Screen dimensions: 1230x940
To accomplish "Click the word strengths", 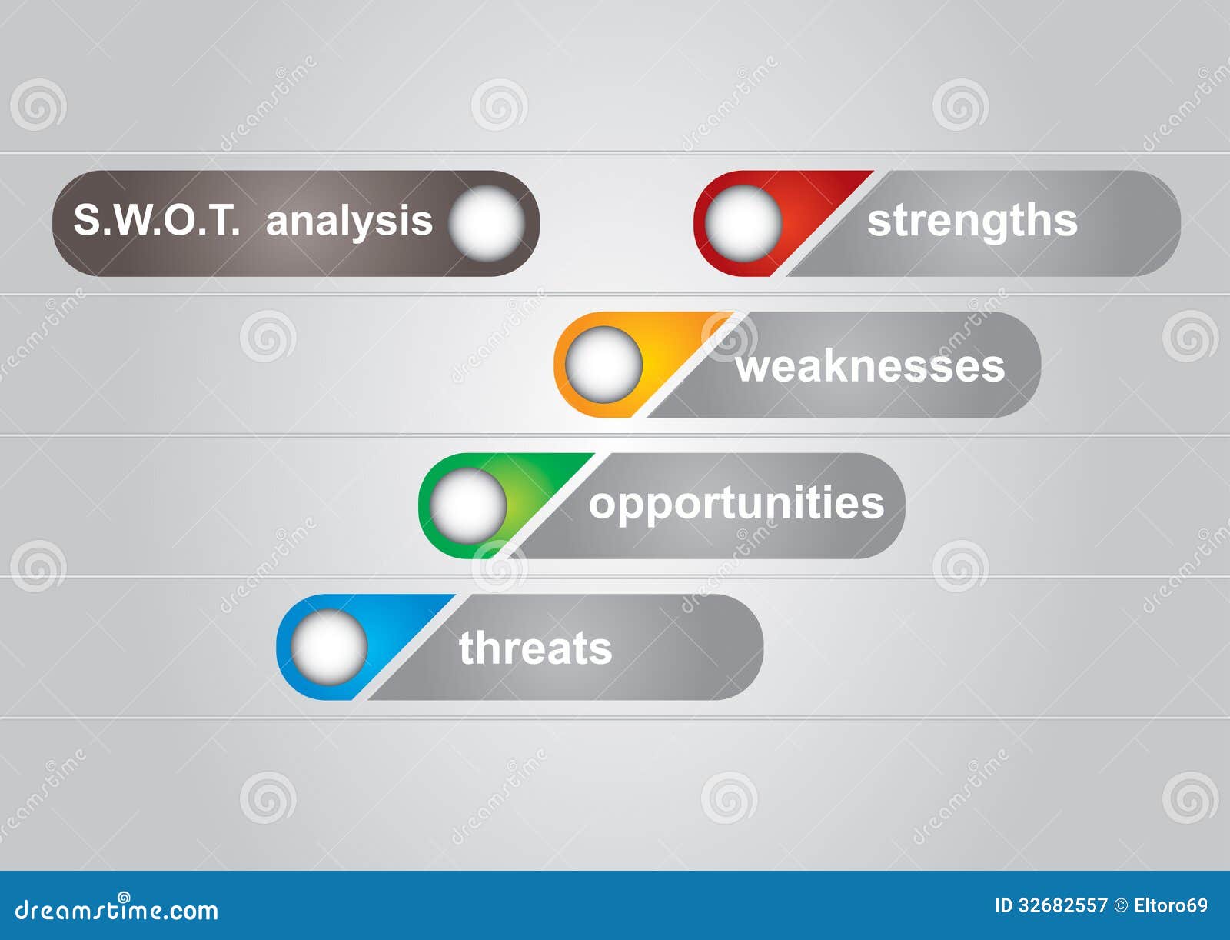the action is pyautogui.click(x=972, y=222).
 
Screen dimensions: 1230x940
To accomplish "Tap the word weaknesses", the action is pyautogui.click(x=870, y=367).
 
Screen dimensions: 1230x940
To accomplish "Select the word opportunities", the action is pyautogui.click(x=736, y=505).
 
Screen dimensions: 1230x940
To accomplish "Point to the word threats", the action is pyautogui.click(x=535, y=648).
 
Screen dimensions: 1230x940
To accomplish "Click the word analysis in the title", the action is pyautogui.click(x=349, y=222).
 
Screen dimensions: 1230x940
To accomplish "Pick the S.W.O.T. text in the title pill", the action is pyautogui.click(x=157, y=219).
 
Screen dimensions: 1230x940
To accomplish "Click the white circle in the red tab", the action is pyautogui.click(x=743, y=223).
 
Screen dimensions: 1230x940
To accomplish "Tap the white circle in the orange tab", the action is pyautogui.click(x=603, y=365).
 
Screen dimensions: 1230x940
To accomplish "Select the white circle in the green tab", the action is pyautogui.click(x=468, y=505).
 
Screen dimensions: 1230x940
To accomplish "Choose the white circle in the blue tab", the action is pyautogui.click(x=330, y=647).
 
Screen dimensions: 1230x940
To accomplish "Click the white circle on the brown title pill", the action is pyautogui.click(x=487, y=223).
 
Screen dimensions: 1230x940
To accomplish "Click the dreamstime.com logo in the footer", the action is pyautogui.click(x=116, y=908).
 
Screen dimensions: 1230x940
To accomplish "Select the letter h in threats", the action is pyautogui.click(x=487, y=647).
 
